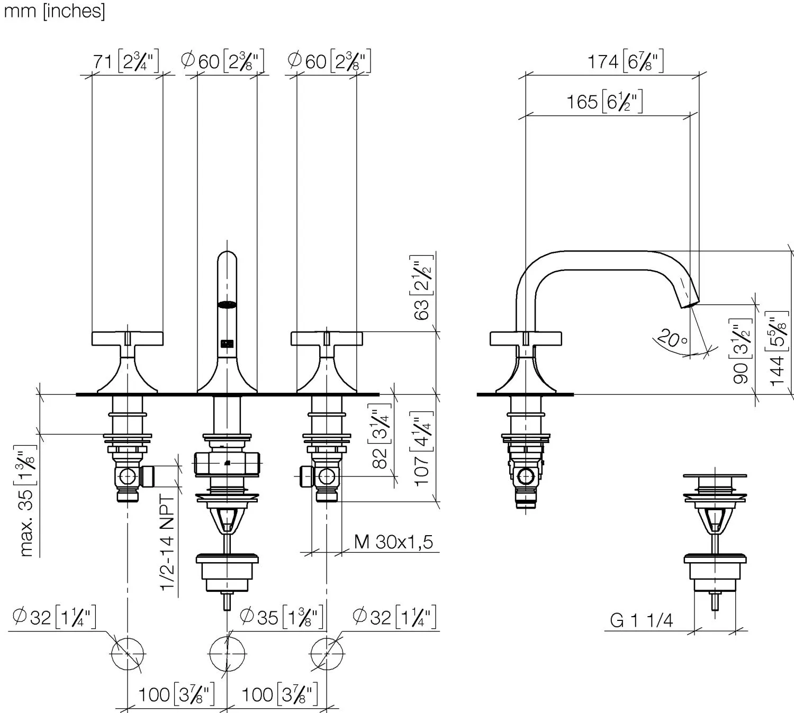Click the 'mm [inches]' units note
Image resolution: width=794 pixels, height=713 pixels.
(x=55, y=11)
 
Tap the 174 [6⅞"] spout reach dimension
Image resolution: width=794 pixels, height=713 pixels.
(x=625, y=61)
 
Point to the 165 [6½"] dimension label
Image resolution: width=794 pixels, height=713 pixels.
(x=604, y=101)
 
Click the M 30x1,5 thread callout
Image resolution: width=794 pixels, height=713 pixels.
(x=393, y=541)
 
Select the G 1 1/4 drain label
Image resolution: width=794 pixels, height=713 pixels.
(x=641, y=620)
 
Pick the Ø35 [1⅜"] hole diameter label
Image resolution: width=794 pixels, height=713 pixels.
(x=281, y=617)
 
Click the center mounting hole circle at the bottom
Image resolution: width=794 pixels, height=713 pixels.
(x=227, y=654)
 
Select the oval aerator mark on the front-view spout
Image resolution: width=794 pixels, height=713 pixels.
(x=227, y=304)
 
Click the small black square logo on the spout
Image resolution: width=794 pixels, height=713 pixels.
(x=227, y=344)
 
